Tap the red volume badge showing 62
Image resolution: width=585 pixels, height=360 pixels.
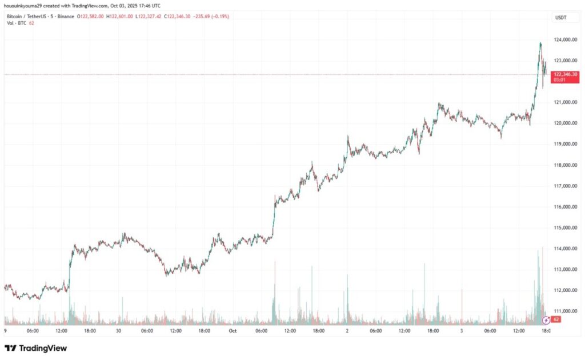(556, 319)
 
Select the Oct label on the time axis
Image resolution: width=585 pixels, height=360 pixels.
(233, 330)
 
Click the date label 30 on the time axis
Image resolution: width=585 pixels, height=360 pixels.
(118, 330)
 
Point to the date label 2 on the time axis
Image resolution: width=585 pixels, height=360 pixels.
(347, 330)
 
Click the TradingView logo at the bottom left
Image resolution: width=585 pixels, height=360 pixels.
(35, 348)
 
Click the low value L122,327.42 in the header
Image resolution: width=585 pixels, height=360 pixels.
(149, 17)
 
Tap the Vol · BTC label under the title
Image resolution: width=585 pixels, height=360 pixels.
(17, 23)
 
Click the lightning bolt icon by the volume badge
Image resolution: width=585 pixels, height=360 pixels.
(547, 319)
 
